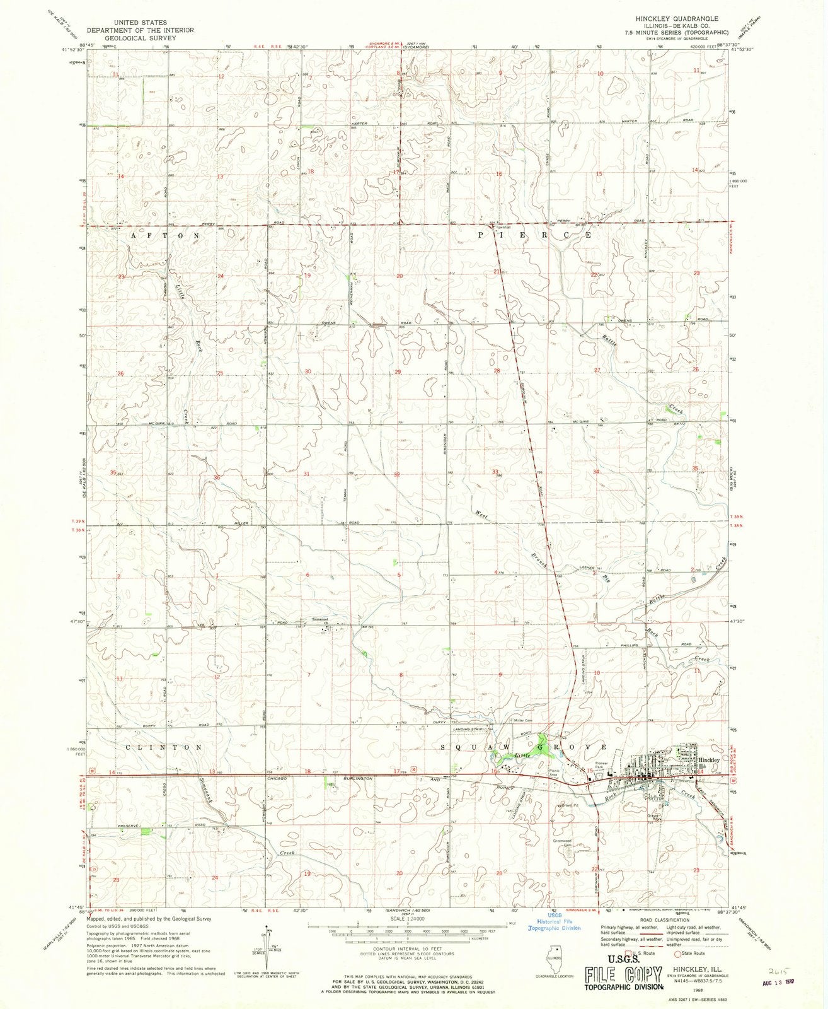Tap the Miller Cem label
point(522,720)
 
